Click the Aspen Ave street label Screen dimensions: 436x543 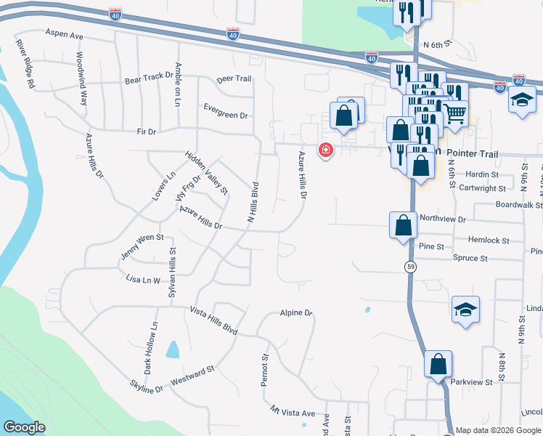pyautogui.click(x=64, y=33)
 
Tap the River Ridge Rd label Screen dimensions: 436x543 pyautogui.click(x=26, y=65)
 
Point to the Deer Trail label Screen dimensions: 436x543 pyautogui.click(x=233, y=79)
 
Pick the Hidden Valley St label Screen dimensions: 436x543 pyautogui.click(x=206, y=173)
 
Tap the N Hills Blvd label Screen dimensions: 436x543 pyautogui.click(x=253, y=202)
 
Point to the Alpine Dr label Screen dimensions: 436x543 pyautogui.click(x=295, y=313)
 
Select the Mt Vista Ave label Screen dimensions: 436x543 pyautogui.click(x=293, y=412)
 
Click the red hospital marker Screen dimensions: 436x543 pyautogui.click(x=325, y=150)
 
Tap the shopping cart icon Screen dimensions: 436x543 pyautogui.click(x=455, y=113)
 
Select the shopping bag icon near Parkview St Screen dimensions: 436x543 pyautogui.click(x=438, y=363)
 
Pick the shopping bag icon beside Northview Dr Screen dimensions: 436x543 pyautogui.click(x=404, y=225)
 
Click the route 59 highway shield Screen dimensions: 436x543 pyautogui.click(x=410, y=267)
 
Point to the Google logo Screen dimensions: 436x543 pyautogui.click(x=24, y=427)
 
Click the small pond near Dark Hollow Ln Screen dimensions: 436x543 pyautogui.click(x=173, y=350)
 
